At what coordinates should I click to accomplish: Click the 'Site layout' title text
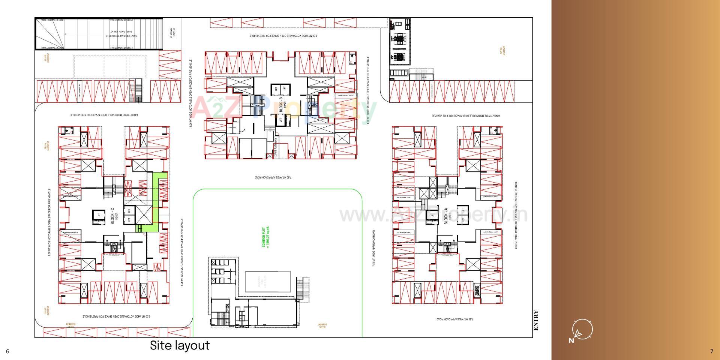(x=180, y=345)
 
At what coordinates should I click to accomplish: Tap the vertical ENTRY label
(x=536, y=321)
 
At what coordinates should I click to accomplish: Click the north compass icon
(x=581, y=330)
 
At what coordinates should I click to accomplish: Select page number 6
(x=7, y=351)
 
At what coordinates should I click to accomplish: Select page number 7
(x=711, y=351)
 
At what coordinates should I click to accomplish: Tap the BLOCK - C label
(x=112, y=216)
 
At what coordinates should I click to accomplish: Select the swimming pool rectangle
(x=268, y=282)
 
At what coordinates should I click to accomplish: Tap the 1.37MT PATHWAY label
(x=276, y=148)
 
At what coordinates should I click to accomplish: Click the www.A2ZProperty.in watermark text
(x=433, y=214)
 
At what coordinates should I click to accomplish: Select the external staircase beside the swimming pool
(x=302, y=289)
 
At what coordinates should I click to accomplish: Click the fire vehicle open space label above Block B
(x=283, y=36)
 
